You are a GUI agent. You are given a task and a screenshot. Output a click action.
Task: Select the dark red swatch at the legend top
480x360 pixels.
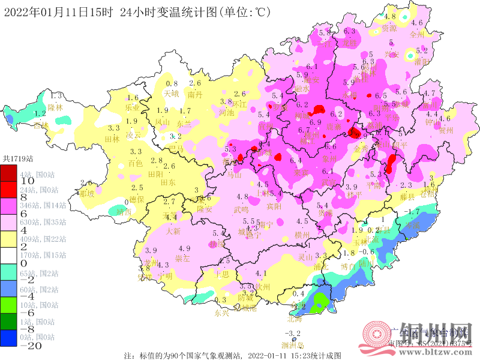tap(9, 172)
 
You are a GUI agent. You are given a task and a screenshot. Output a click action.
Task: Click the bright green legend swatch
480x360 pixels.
tap(9, 305)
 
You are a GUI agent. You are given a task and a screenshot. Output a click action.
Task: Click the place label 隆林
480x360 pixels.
tap(55, 107)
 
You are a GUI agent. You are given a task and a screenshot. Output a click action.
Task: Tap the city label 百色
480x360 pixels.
tap(136, 163)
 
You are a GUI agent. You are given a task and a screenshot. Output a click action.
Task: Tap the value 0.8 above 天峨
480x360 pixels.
tap(172, 83)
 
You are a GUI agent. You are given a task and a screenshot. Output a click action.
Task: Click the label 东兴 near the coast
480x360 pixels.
tap(221, 313)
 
